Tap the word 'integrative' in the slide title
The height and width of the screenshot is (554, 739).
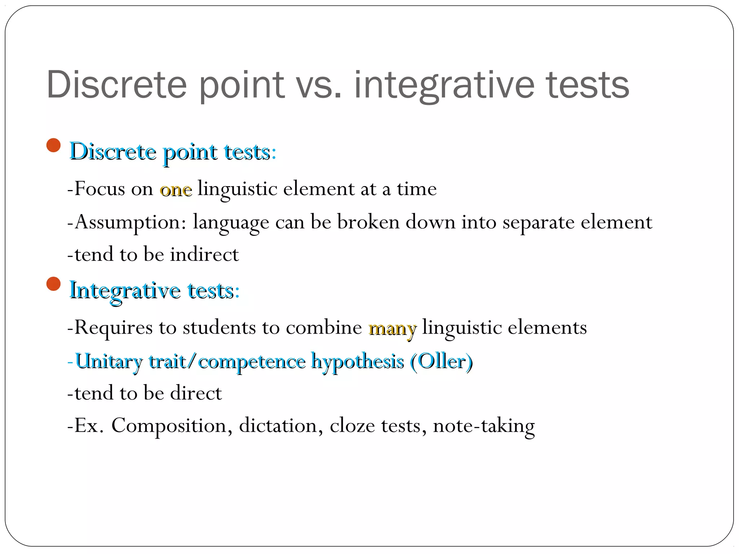coord(444,85)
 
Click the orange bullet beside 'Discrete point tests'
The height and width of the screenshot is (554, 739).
coord(53,145)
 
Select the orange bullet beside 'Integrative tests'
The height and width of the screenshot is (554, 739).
coord(53,284)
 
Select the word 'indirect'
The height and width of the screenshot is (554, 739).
coord(204,255)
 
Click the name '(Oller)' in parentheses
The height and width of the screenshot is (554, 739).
coord(441,361)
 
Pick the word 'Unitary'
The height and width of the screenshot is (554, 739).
coord(109,361)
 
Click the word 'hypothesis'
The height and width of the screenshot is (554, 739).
coord(357,361)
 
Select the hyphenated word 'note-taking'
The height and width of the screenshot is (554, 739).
coord(484,426)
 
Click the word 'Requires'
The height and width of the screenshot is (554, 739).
coord(113,328)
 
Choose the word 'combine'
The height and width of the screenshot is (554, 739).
coord(324,328)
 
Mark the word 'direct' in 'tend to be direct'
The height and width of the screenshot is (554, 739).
coord(196,393)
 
